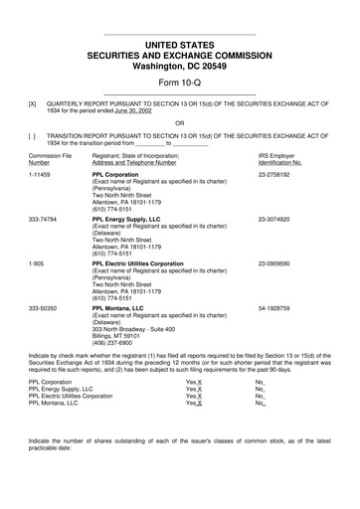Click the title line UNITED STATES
pyautogui.click(x=179, y=46)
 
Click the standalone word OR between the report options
pyautogui.click(x=179, y=123)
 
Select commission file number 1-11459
pyautogui.click(x=41, y=174)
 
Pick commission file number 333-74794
pyautogui.click(x=45, y=219)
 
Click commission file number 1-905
pyautogui.click(x=38, y=263)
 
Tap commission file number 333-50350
pyautogui.click(x=45, y=308)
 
